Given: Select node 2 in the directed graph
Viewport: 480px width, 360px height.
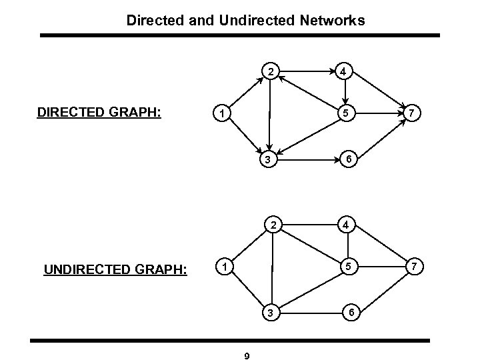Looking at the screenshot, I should (x=270, y=71).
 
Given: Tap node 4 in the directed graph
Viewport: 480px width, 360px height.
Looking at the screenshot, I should (x=343, y=71).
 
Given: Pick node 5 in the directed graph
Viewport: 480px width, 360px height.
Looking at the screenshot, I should (x=343, y=113).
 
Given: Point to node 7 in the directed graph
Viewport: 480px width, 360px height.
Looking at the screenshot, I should (x=413, y=113).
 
